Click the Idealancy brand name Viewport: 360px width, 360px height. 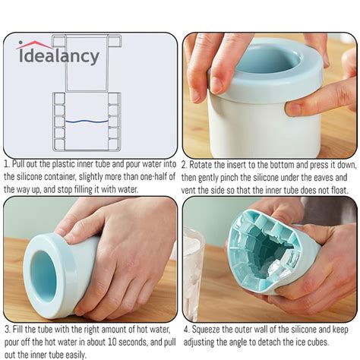click(58, 55)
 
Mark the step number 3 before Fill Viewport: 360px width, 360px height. click(6, 330)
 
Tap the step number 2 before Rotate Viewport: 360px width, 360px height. click(185, 163)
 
